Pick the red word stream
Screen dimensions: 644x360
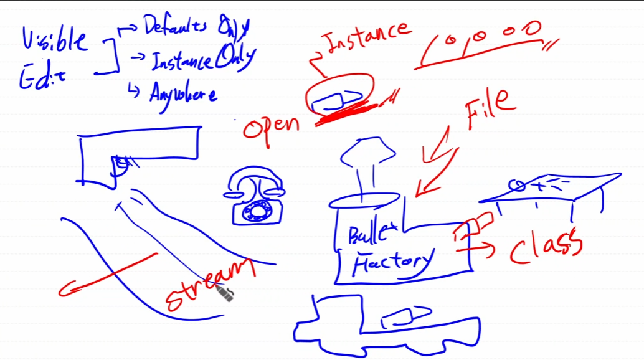pyautogui.click(x=209, y=284)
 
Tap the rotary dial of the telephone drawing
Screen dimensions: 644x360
pyautogui.click(x=255, y=210)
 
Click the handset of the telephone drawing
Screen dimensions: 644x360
pyautogui.click(x=255, y=181)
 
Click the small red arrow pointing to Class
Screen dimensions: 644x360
pyautogui.click(x=476, y=250)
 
